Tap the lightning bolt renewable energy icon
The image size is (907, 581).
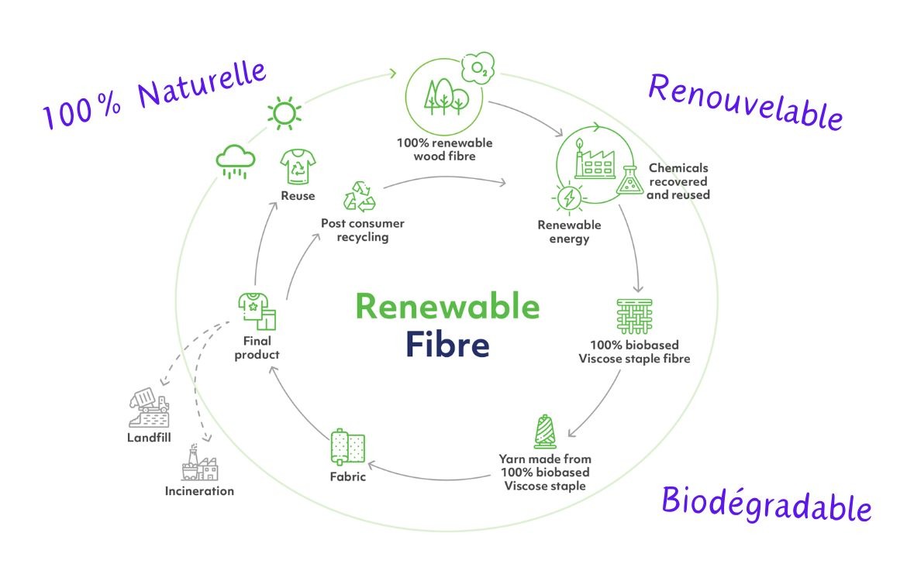point(570,198)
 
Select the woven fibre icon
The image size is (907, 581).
point(634,315)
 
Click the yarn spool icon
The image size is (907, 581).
point(545,432)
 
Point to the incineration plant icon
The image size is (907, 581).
point(199,468)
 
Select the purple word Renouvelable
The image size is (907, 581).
point(745,101)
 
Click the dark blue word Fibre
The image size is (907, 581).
point(447,345)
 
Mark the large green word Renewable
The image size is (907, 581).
point(447,306)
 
